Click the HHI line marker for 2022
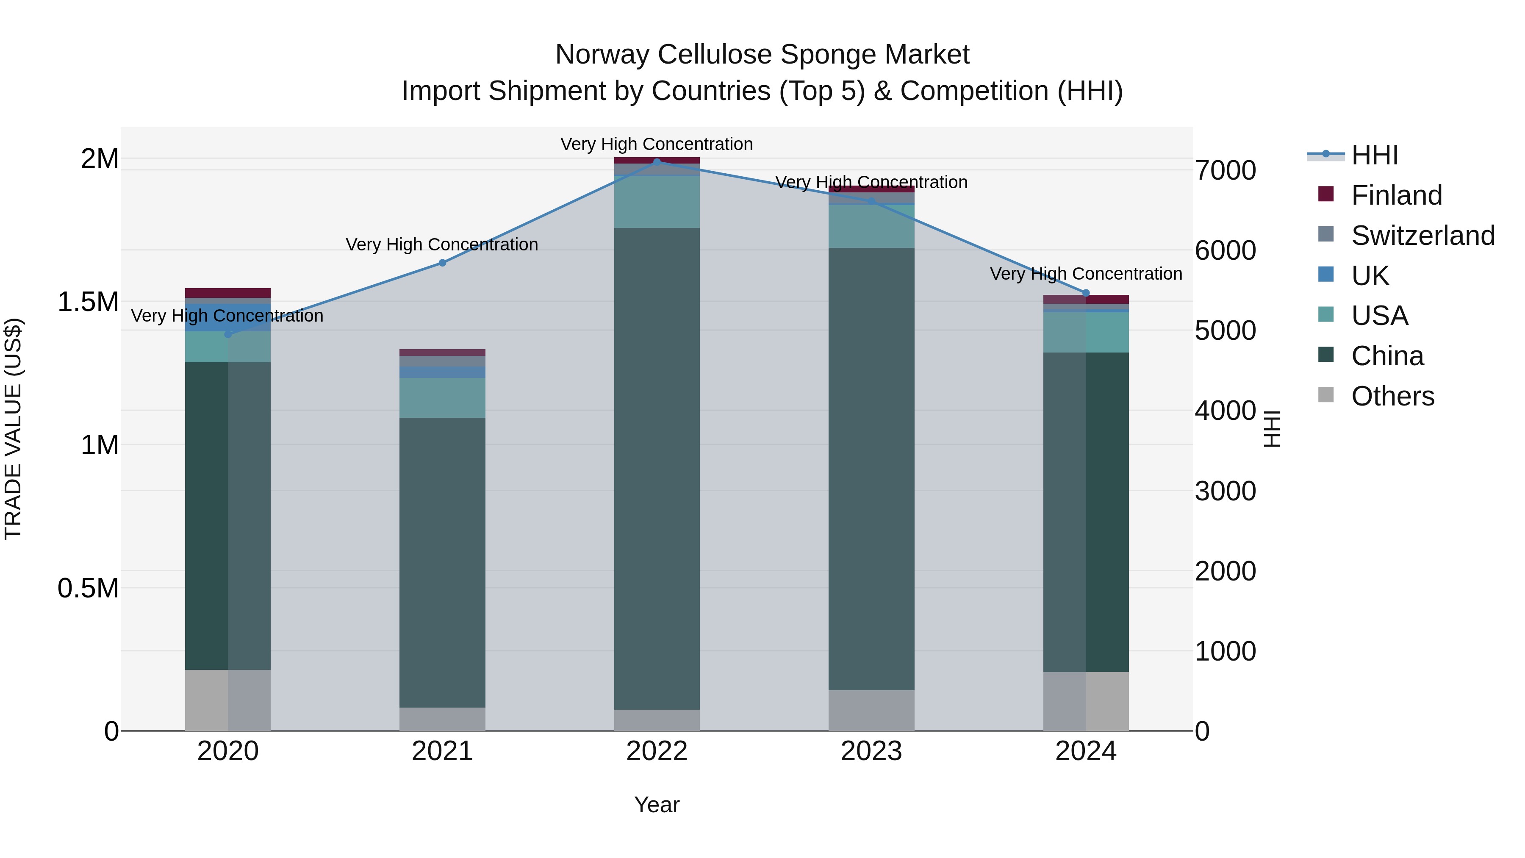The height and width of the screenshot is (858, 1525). click(657, 162)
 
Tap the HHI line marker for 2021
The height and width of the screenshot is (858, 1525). click(442, 263)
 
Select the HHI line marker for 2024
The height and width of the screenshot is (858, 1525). click(1086, 293)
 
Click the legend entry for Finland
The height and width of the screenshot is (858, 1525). click(1396, 195)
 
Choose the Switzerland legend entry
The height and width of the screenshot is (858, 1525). click(1422, 236)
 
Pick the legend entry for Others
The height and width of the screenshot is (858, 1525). click(1392, 396)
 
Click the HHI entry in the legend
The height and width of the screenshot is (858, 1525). click(1374, 155)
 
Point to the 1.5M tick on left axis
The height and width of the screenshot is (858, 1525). click(88, 302)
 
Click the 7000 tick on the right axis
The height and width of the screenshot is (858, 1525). click(1225, 170)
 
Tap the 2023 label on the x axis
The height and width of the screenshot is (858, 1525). click(871, 751)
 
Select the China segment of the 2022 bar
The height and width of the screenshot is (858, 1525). click(657, 468)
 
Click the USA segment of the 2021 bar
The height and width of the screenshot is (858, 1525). click(442, 398)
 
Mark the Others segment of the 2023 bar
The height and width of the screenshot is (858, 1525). click(871, 710)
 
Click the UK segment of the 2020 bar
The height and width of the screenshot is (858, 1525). click(228, 318)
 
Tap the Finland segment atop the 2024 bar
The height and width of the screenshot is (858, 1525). click(1086, 299)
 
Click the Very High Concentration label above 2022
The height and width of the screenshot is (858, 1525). click(657, 144)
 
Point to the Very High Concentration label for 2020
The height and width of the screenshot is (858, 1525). click(227, 316)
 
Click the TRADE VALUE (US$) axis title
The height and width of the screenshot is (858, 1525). click(13, 429)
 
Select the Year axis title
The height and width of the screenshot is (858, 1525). click(657, 805)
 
